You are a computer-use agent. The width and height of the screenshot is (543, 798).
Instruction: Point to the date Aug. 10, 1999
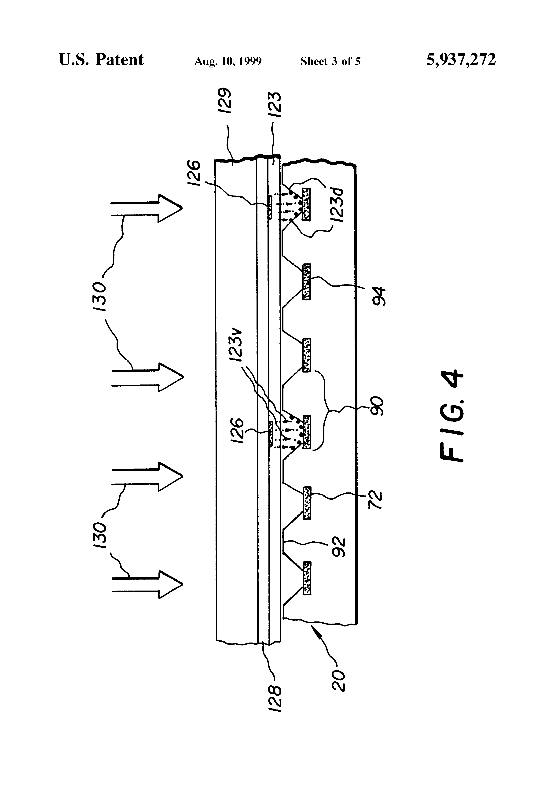228,61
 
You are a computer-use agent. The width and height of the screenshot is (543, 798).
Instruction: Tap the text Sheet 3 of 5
330,61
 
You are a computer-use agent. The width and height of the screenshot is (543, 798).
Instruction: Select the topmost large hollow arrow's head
170,208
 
